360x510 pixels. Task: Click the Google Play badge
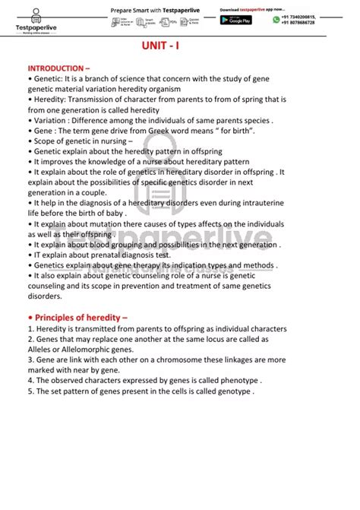(235, 21)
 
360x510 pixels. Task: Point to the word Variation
(50, 120)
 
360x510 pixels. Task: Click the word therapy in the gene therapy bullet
(141, 265)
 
